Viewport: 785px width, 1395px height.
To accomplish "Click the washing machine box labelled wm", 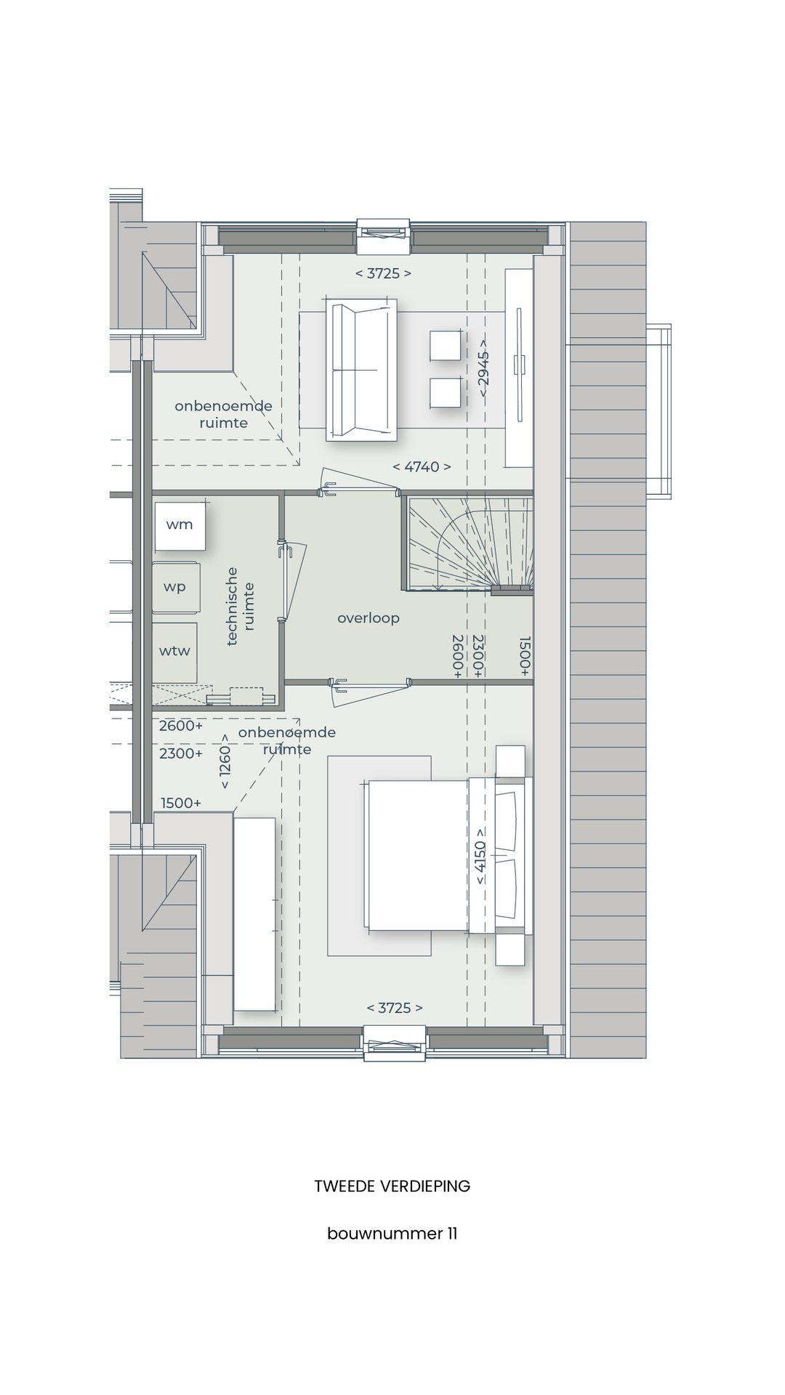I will pyautogui.click(x=179, y=525).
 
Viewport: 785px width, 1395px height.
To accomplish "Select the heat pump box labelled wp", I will pyautogui.click(x=175, y=587).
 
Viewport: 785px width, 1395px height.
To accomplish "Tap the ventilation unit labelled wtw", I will pyautogui.click(x=174, y=651).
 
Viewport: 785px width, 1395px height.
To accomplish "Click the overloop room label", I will pyautogui.click(x=369, y=618).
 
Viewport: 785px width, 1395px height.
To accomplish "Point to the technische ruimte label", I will pyautogui.click(x=240, y=607).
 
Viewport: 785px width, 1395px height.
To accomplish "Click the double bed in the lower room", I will pyautogui.click(x=422, y=855).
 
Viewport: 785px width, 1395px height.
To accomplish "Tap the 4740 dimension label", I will pyautogui.click(x=422, y=467).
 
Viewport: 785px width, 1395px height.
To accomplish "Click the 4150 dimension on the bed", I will pyautogui.click(x=480, y=856).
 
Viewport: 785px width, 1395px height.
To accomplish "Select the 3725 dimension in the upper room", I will pyautogui.click(x=383, y=274).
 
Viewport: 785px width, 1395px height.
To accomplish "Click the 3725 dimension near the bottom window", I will pyautogui.click(x=395, y=1008).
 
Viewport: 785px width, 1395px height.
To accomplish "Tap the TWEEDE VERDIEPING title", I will pyautogui.click(x=392, y=1186).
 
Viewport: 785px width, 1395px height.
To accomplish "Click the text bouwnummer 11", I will pyautogui.click(x=392, y=1234).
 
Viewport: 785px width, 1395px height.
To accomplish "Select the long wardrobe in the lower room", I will pyautogui.click(x=254, y=914).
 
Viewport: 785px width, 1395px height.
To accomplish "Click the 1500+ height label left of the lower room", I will pyautogui.click(x=181, y=803).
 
